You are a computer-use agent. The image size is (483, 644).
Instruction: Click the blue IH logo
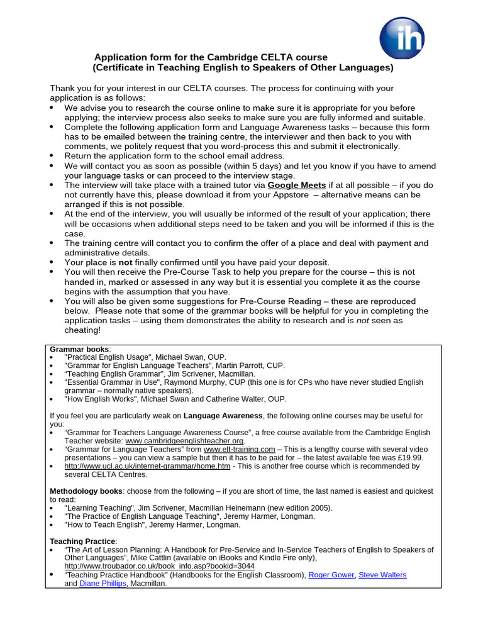(402, 37)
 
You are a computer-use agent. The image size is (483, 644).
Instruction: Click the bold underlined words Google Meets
(297, 186)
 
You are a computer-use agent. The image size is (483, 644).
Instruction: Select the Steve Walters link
(382, 575)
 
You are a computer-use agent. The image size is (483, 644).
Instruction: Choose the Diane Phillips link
(103, 584)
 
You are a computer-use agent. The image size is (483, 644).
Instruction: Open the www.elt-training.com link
(240, 449)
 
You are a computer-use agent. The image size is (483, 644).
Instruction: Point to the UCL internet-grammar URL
(147, 466)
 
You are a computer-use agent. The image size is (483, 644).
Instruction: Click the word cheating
(82, 330)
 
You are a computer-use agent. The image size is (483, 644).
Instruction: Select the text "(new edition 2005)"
(296, 508)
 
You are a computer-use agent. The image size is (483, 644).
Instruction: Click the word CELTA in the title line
(274, 57)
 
